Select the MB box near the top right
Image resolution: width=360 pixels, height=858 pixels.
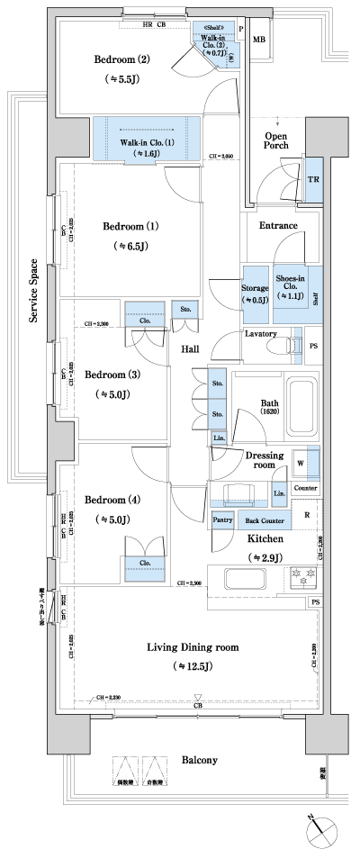[258, 41]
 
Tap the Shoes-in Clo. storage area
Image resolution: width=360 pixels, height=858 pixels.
[290, 284]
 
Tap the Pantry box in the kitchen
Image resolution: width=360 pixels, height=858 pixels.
[222, 520]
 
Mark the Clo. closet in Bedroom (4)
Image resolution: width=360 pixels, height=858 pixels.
[144, 564]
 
